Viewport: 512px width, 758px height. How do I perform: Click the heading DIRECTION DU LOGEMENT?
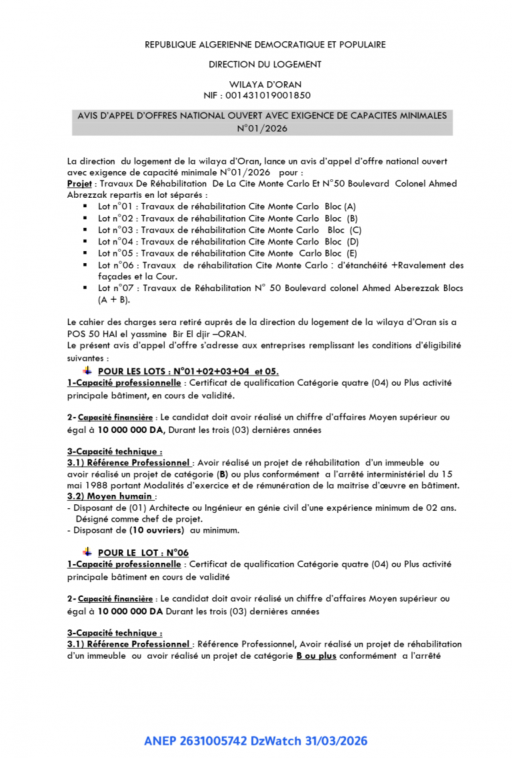coord(265,65)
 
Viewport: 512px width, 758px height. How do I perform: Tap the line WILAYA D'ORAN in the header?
coord(265,85)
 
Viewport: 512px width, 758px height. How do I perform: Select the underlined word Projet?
coord(79,183)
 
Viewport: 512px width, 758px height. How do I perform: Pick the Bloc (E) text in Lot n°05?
coord(341,253)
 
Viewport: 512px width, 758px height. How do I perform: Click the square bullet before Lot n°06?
coord(85,264)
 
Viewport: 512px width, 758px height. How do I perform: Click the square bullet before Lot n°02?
coord(85,218)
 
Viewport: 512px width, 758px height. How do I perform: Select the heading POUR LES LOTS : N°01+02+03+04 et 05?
coord(188,371)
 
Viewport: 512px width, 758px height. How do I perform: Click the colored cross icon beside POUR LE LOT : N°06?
coord(87,552)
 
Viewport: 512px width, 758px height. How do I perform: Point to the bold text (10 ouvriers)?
coord(157,530)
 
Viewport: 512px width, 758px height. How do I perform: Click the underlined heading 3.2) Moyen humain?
coord(111,496)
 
